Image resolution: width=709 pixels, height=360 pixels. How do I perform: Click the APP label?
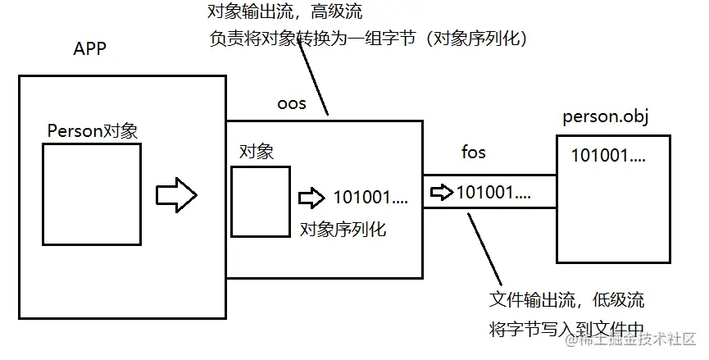click(x=90, y=49)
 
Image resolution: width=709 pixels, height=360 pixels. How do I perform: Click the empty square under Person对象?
click(x=92, y=194)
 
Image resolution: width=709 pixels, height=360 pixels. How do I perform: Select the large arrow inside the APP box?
click(x=177, y=195)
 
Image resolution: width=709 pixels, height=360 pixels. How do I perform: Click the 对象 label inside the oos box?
click(x=256, y=152)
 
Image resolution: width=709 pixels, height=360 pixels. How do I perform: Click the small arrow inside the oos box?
click(x=311, y=198)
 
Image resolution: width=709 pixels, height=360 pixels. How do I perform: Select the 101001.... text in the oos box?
click(x=370, y=198)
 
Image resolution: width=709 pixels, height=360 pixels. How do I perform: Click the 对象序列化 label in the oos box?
click(x=343, y=229)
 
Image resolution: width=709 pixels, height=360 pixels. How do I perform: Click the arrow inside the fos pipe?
click(x=442, y=193)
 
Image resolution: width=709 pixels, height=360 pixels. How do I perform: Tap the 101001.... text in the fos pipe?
click(x=493, y=193)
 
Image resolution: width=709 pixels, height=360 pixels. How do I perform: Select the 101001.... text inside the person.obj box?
click(x=608, y=155)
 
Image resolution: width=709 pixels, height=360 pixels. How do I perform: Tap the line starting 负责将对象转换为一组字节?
click(x=367, y=38)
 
